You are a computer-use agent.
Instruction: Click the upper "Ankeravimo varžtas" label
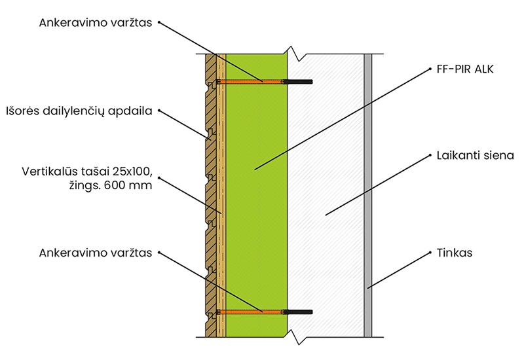point(95,23)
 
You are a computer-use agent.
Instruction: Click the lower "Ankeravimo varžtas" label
point(95,253)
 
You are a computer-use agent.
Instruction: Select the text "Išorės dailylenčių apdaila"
point(79,111)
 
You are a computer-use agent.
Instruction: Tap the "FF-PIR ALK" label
point(465,69)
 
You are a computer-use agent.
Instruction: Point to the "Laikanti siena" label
point(476,155)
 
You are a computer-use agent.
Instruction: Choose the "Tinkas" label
point(455,253)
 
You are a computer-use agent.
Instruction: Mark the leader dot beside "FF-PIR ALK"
point(430,69)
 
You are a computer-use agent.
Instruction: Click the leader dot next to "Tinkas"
point(430,253)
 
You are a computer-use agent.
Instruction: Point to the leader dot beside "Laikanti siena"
point(430,155)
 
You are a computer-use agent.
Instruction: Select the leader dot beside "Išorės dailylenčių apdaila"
point(159,111)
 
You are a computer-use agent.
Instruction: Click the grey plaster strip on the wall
point(367,195)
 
